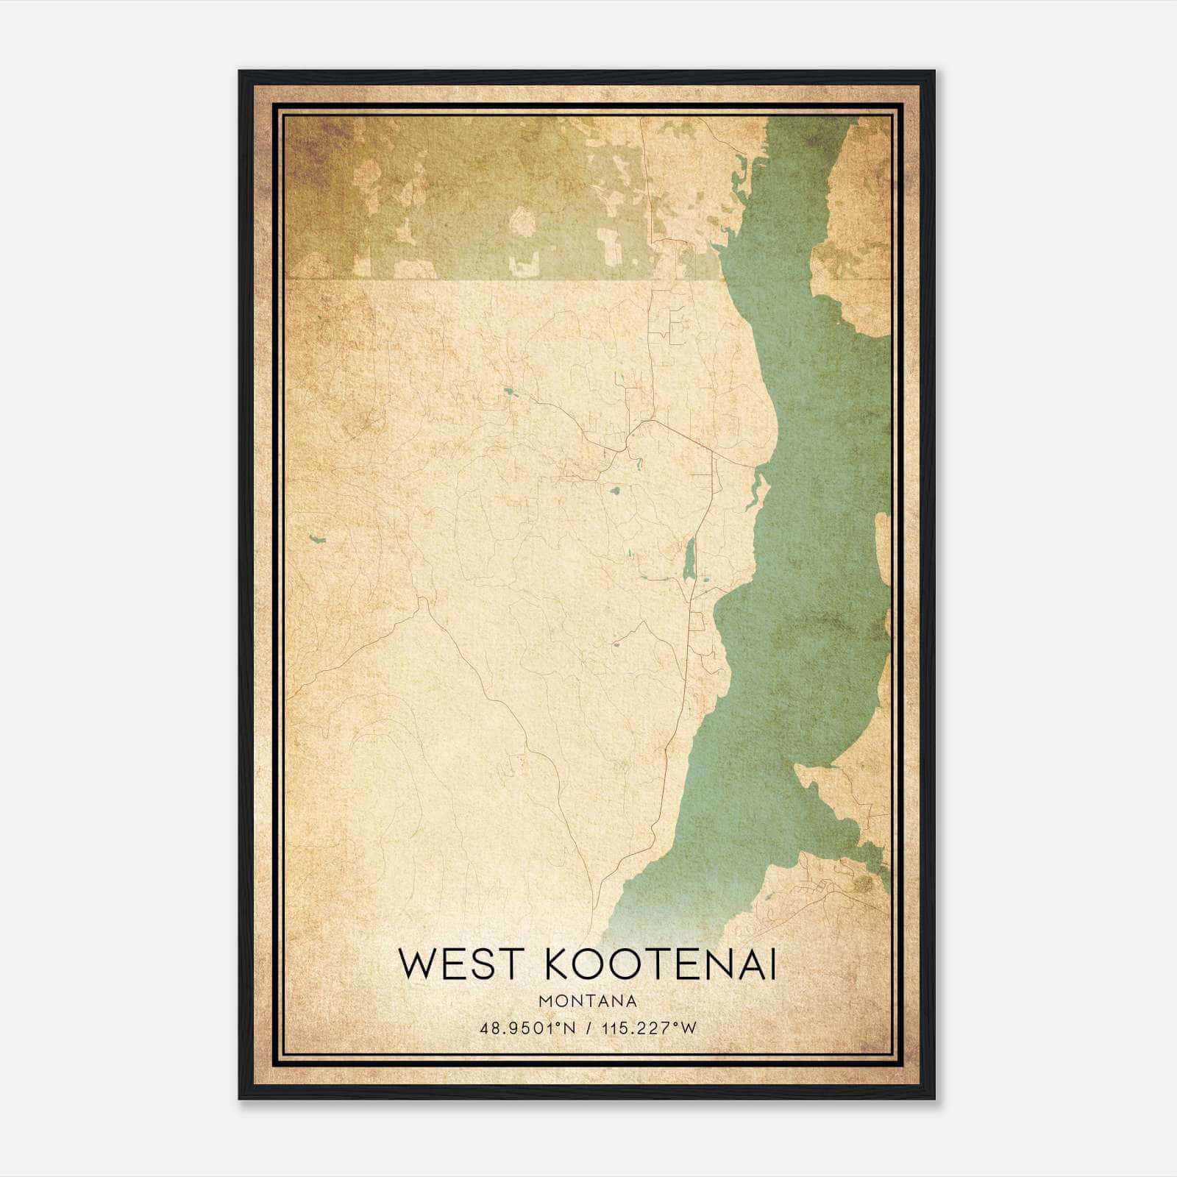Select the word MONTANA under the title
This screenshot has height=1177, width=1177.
coord(588,1000)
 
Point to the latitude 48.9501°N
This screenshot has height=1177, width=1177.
coord(527,1028)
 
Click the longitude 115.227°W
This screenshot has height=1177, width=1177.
coord(648,1028)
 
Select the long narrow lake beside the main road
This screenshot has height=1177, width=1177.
coord(689,559)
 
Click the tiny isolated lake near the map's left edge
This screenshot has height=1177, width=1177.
coord(318,539)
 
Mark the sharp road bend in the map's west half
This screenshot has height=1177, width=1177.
coord(422,603)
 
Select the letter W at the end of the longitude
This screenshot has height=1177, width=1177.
coord(688,1028)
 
